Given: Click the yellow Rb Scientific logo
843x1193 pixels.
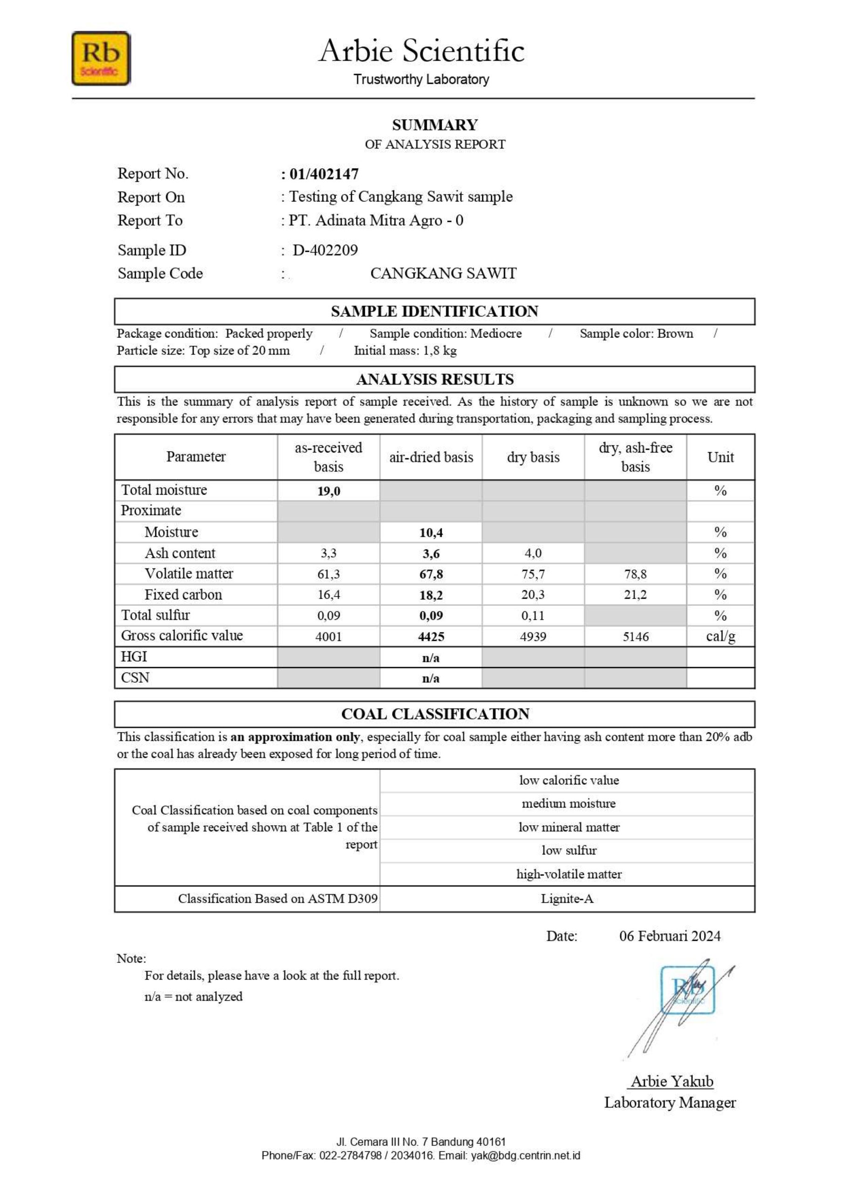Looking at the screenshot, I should (101, 58).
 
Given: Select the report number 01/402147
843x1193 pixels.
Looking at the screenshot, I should (324, 174).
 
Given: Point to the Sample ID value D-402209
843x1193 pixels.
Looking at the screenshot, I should (325, 250).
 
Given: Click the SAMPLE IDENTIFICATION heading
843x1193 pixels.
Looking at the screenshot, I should (434, 311).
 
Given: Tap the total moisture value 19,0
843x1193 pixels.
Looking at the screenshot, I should (329, 491).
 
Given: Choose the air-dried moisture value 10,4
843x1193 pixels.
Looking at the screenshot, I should (431, 533).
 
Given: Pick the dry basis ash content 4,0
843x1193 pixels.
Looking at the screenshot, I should (533, 553).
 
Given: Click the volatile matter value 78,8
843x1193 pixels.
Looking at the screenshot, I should (635, 574).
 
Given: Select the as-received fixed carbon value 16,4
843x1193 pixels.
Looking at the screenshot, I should (329, 595).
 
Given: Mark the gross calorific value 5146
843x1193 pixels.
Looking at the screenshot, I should (635, 637).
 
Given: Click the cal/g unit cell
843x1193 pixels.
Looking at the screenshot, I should (720, 637).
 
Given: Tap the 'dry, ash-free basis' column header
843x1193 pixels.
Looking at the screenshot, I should (635, 457).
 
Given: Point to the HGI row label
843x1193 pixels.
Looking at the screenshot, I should (134, 657).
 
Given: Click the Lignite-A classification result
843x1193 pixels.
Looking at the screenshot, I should (567, 899).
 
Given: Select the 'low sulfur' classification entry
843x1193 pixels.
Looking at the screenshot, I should (569, 850).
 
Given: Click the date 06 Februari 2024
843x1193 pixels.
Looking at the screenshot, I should (669, 936).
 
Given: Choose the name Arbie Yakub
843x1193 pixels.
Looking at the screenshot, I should (672, 1081).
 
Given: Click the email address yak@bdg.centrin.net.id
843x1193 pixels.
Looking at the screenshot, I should (525, 1156).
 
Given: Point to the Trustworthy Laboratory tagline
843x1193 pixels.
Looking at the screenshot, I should (421, 80).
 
